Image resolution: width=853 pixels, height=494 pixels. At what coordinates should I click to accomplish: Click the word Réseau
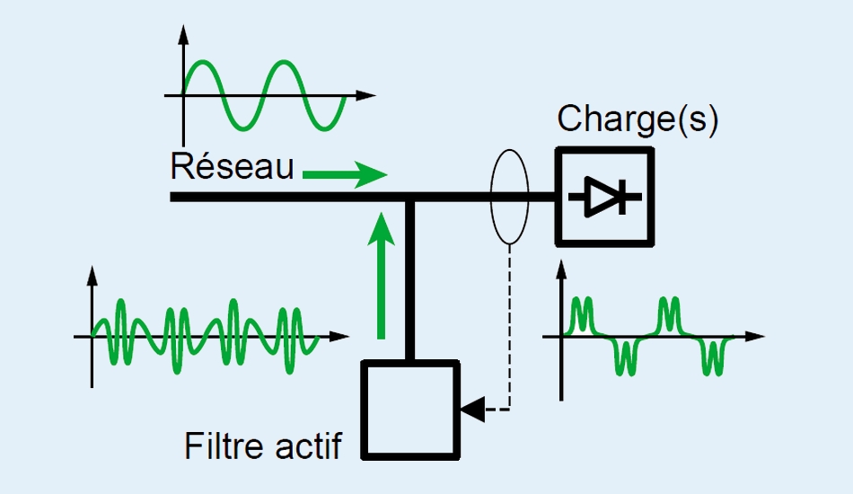tap(232, 166)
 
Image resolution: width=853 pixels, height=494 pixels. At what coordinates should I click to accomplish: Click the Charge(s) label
tap(638, 119)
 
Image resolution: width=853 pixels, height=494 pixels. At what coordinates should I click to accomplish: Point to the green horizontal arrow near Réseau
tap(345, 174)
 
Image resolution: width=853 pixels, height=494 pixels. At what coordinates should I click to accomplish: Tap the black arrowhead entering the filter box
tap(470, 410)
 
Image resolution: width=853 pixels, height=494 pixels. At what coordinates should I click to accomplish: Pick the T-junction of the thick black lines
tap(411, 198)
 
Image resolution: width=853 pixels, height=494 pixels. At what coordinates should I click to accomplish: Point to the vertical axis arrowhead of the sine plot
tap(183, 34)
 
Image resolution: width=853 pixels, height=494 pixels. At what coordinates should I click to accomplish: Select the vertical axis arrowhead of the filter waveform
tap(92, 274)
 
